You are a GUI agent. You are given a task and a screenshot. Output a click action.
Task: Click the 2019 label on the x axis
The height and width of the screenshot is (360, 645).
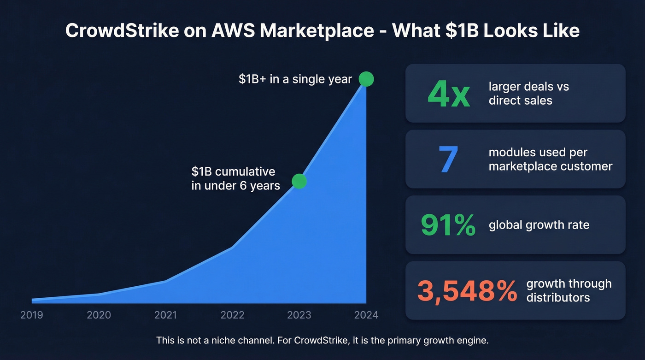tap(32, 315)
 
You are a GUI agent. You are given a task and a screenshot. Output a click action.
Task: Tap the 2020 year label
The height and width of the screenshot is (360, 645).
tap(99, 315)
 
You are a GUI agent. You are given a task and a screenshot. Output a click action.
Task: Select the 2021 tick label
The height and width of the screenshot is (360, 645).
tap(165, 315)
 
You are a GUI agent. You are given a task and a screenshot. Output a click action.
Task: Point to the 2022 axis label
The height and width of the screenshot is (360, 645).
tap(232, 315)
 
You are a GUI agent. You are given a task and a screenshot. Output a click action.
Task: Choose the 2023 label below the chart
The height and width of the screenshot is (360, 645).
tap(299, 315)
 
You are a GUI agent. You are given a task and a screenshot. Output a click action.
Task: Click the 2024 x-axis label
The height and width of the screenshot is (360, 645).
tap(366, 315)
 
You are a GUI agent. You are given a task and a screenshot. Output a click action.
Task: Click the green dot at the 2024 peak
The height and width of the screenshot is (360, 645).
tap(366, 79)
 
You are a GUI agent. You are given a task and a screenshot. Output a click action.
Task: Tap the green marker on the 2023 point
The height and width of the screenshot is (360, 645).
tap(299, 181)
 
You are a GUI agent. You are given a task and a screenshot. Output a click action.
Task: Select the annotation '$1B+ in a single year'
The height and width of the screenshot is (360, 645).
tap(295, 79)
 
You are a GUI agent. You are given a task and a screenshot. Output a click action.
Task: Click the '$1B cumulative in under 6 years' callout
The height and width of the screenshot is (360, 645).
tap(235, 178)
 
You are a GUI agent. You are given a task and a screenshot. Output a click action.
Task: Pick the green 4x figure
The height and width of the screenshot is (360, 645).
tap(448, 94)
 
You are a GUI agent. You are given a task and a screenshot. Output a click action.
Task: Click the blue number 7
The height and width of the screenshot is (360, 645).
tap(449, 159)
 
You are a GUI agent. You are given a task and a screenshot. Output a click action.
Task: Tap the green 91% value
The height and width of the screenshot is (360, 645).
tap(448, 225)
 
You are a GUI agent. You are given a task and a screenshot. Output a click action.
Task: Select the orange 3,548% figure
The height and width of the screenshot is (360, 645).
tap(467, 291)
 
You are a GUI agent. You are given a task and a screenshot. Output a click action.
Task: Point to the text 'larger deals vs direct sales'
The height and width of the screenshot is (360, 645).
tap(528, 94)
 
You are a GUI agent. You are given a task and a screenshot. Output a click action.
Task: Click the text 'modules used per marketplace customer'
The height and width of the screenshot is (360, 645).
tap(550, 159)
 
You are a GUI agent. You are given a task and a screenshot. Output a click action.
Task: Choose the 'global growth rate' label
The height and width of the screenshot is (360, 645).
tap(539, 225)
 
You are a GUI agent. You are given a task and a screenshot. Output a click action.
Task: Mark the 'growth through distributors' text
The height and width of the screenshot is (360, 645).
tap(569, 290)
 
